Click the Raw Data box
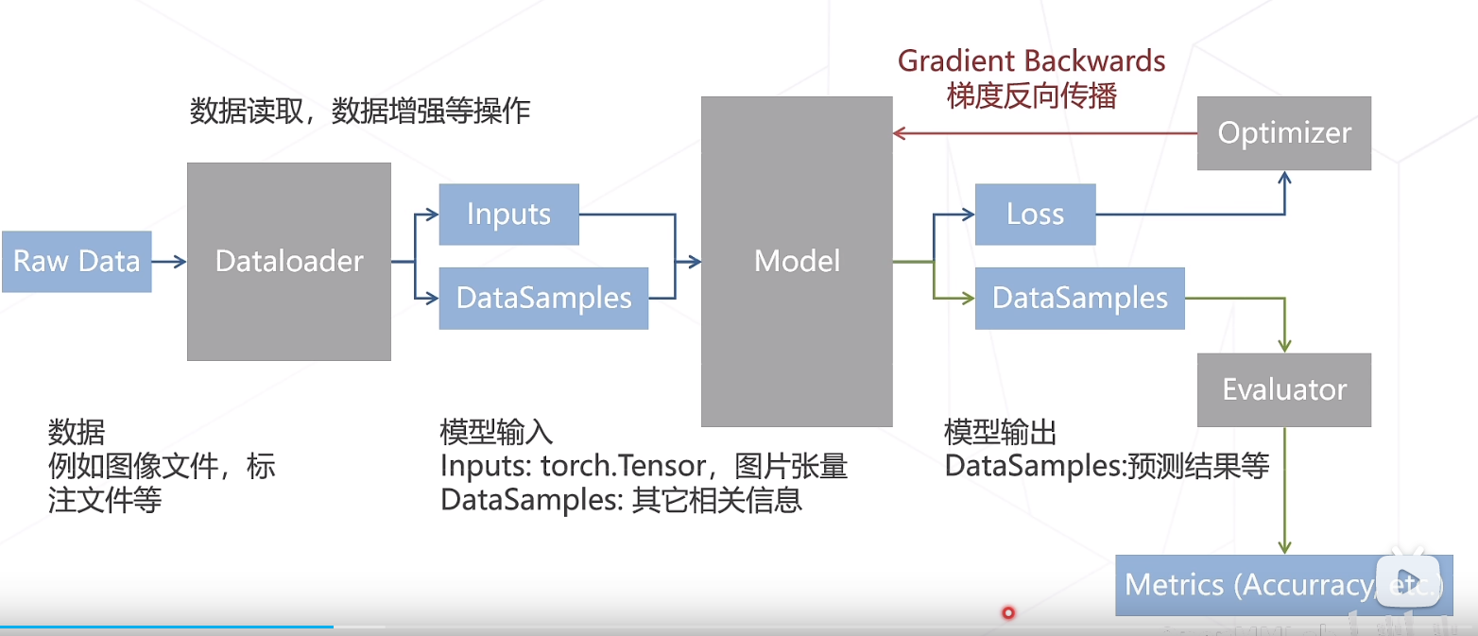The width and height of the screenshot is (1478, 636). point(77,262)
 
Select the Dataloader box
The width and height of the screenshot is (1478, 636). point(289,262)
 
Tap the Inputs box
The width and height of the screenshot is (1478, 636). point(508,214)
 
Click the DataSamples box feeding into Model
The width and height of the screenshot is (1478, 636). point(543,299)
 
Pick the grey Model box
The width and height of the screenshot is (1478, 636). point(797,261)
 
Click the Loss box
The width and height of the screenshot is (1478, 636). point(1035,215)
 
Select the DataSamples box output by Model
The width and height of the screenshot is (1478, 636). point(1079,299)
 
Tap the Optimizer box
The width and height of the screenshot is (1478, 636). point(1283,133)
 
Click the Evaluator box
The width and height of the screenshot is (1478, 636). point(1283,389)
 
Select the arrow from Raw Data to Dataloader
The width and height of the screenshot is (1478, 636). point(169,262)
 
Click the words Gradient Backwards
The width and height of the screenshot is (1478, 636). point(1031,61)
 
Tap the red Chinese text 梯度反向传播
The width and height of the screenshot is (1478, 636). point(1031,95)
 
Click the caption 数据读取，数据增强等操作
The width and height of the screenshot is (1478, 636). point(360,112)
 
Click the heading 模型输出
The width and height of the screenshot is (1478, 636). point(1001,433)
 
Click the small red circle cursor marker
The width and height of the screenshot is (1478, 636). point(1008,612)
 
